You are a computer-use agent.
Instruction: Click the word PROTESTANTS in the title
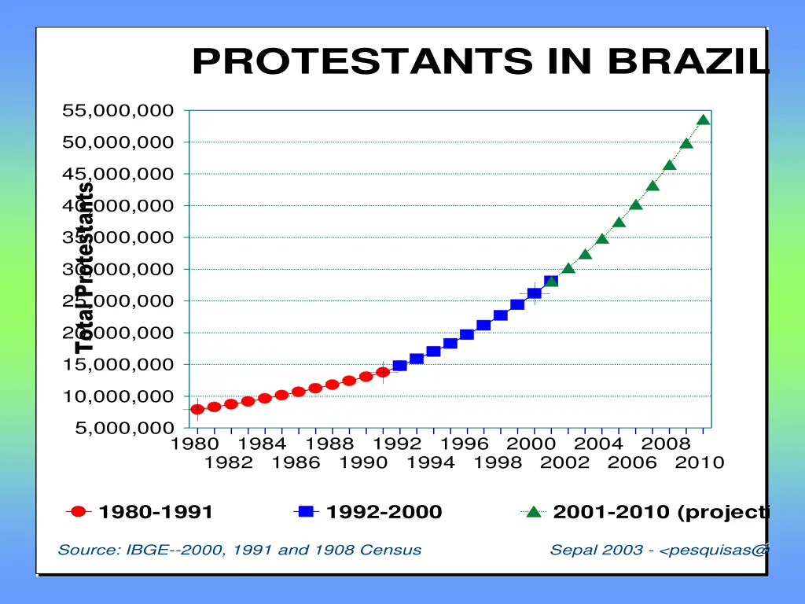click(x=361, y=61)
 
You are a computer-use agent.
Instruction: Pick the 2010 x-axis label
click(x=700, y=462)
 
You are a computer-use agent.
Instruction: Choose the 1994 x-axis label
click(x=431, y=462)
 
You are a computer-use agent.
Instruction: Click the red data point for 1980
click(x=197, y=409)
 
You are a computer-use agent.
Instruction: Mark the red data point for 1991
click(x=383, y=372)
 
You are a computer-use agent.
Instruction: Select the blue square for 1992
click(x=399, y=366)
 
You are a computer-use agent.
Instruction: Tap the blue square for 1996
click(x=467, y=334)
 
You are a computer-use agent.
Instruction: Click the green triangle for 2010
click(x=704, y=120)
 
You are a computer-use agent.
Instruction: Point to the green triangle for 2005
click(x=619, y=222)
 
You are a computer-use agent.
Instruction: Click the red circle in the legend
click(x=78, y=512)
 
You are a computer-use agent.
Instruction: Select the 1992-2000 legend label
click(x=384, y=513)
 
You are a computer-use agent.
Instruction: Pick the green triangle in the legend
click(x=534, y=512)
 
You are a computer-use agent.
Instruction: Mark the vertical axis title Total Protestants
click(x=85, y=267)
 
